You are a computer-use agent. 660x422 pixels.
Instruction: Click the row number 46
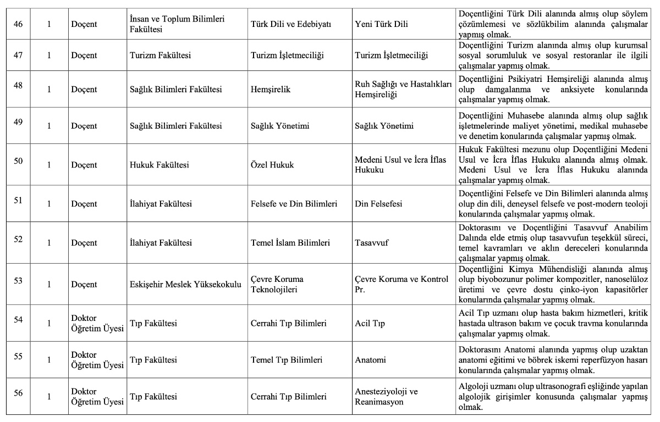[x=18, y=24]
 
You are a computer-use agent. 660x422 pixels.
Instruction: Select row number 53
[x=18, y=280]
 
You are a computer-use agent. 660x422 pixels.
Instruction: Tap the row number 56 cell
[x=18, y=392]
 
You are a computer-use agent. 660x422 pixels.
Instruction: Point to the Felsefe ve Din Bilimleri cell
[x=294, y=204]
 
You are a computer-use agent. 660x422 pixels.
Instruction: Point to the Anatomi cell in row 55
[x=370, y=360]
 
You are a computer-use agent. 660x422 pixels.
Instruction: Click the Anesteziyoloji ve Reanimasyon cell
[x=386, y=396]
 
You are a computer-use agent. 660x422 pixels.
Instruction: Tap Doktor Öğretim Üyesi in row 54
[x=97, y=324]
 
